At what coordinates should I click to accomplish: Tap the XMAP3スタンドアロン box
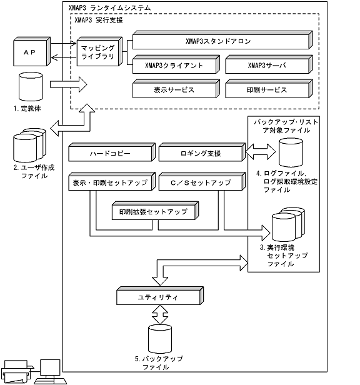[x=221, y=41]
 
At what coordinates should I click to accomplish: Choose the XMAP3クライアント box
[x=176, y=64]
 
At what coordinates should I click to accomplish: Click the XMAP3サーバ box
[x=267, y=64]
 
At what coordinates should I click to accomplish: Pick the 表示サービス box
[x=176, y=89]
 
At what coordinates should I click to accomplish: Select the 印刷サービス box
[x=267, y=89]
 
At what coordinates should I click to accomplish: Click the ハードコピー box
[x=109, y=152]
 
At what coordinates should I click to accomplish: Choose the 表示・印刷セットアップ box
[x=109, y=182]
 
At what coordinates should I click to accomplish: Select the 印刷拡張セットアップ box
[x=154, y=211]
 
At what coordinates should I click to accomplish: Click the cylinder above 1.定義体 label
[x=31, y=84]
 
